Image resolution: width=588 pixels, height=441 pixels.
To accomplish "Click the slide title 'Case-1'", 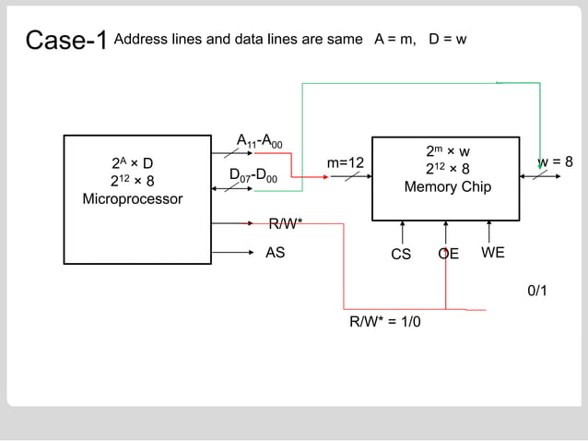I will [66, 41].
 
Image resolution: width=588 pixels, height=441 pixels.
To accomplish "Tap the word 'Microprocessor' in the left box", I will [133, 199].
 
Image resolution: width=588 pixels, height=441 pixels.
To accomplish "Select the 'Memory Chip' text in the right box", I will [447, 187].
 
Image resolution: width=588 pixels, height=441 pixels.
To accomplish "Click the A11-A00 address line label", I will [260, 142].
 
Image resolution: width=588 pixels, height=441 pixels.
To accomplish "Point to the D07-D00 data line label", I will [253, 175].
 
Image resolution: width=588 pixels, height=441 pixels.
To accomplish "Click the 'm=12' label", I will [346, 163].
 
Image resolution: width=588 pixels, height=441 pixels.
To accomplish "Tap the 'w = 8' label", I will [556, 162].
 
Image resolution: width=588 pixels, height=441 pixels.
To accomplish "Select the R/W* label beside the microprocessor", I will [286, 223].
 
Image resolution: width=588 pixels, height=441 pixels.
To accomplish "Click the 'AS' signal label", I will [275, 252].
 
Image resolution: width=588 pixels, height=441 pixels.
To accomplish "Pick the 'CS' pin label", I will [401, 254].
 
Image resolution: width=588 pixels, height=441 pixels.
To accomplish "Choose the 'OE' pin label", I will [448, 254].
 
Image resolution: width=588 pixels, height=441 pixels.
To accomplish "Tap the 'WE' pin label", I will [493, 252].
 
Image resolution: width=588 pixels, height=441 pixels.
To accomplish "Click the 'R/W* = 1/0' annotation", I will [384, 322].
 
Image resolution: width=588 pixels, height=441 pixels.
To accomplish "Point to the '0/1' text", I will [537, 292].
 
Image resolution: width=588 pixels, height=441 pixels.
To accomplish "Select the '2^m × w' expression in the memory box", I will [448, 151].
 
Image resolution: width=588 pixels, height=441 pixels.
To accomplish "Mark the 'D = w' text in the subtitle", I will [448, 41].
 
